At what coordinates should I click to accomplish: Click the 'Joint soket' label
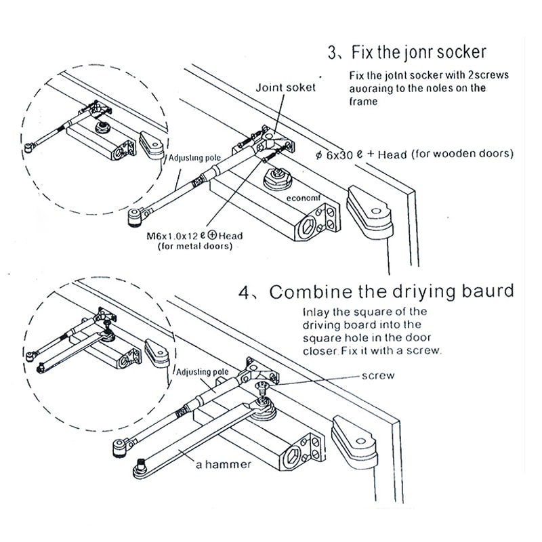tap(285, 87)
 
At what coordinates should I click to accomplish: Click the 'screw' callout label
tap(377, 375)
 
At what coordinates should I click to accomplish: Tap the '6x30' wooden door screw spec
tap(343, 154)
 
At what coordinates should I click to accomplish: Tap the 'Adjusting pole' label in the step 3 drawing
tap(194, 158)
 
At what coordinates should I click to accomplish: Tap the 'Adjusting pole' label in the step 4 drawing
tap(203, 373)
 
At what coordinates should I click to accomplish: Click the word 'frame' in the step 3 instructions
tap(364, 101)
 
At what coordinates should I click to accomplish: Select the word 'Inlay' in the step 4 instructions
tap(316, 312)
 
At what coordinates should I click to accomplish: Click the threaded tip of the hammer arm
tap(142, 465)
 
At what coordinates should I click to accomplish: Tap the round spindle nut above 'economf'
tap(277, 180)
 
